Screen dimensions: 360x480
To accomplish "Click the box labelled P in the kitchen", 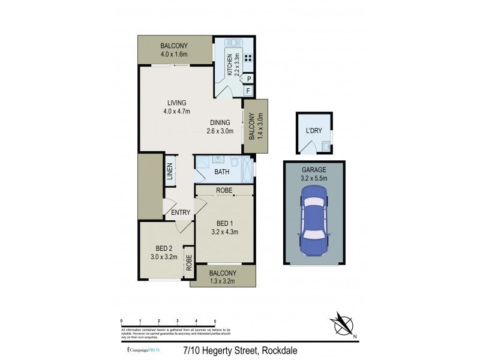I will click(248, 79).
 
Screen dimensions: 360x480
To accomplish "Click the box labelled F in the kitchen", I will click(248, 91).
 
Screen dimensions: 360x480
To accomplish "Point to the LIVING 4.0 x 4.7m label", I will click(176, 107).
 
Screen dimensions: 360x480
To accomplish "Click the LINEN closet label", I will click(171, 171).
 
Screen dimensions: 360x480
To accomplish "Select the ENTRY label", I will click(181, 212).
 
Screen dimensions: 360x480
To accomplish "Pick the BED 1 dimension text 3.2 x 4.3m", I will click(225, 231).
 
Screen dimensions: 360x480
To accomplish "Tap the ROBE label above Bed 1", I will click(225, 190).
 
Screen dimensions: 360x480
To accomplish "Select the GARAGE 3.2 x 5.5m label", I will click(314, 173).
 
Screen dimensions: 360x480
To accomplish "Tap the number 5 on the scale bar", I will click(214, 322).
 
